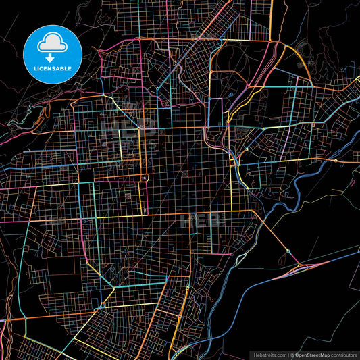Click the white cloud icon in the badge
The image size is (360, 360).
[x=52, y=43]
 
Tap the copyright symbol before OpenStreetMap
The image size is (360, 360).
[x=292, y=354]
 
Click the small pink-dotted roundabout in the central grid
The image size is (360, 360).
[x=145, y=178]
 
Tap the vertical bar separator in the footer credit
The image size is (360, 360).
[x=288, y=354]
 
